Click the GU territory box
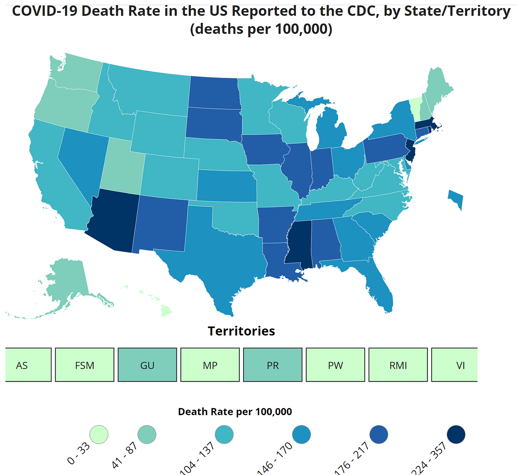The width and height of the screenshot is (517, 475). pyautogui.click(x=147, y=365)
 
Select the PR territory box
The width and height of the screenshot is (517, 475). pyautogui.click(x=273, y=365)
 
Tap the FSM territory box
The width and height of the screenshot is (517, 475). pyautogui.click(x=85, y=365)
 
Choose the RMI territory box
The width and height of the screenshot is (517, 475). pyautogui.click(x=398, y=365)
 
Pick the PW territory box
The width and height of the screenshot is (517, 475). pyautogui.click(x=335, y=365)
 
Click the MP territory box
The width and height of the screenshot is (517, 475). pyautogui.click(x=210, y=365)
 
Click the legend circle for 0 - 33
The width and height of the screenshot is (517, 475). pyautogui.click(x=99, y=434)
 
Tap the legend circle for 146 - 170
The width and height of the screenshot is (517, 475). pyautogui.click(x=301, y=434)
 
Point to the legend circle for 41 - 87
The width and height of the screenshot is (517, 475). pyautogui.click(x=147, y=434)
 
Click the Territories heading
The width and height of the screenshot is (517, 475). pyautogui.click(x=241, y=331)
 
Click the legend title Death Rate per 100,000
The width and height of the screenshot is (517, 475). pyautogui.click(x=235, y=412)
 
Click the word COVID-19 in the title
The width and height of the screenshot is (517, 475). pyautogui.click(x=44, y=11)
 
